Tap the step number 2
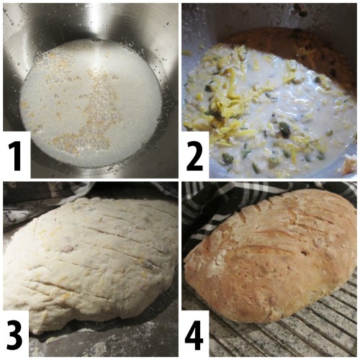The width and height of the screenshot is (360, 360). tap(194, 156)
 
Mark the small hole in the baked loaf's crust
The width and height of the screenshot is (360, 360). tap(304, 253)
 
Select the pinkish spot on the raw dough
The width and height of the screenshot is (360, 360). tap(68, 250)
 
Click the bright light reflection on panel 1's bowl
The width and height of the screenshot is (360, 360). tap(96, 20)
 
